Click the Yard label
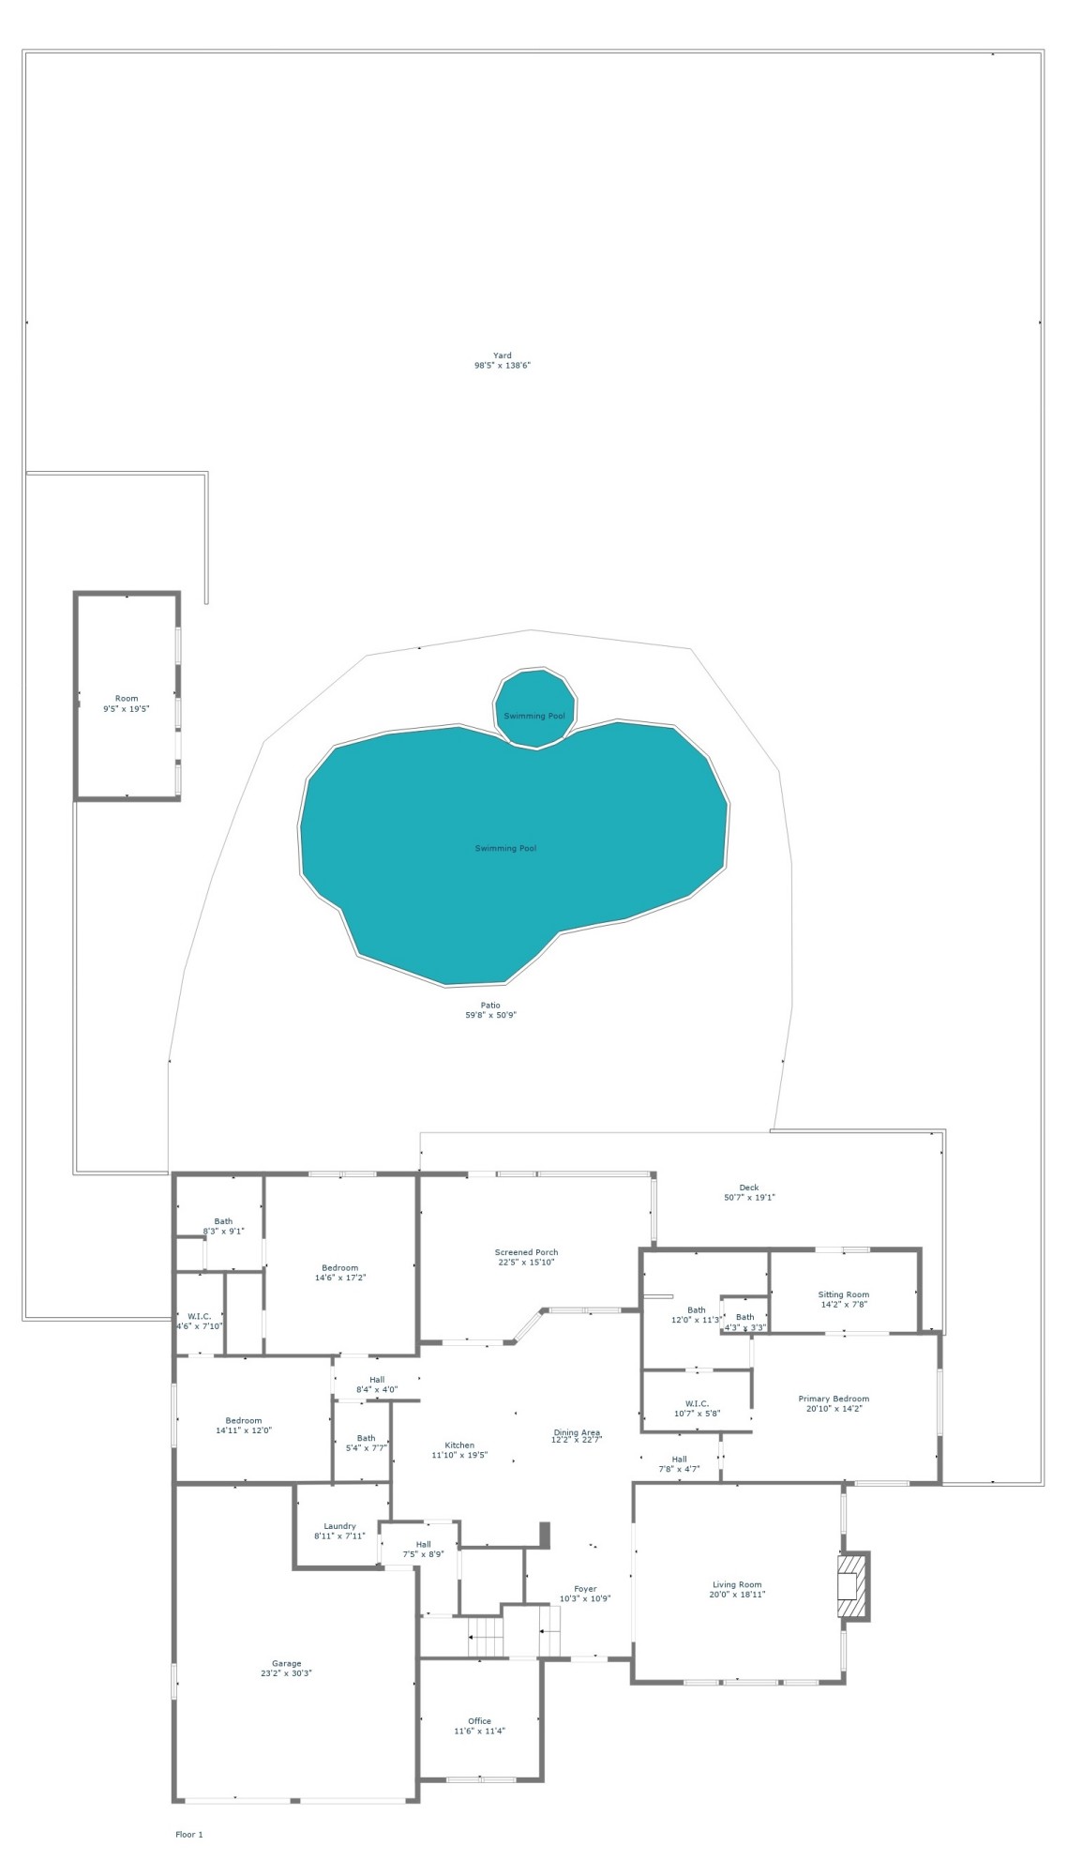(502, 356)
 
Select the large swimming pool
(506, 849)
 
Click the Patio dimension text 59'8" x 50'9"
(491, 1015)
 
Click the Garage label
(287, 1663)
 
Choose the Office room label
(479, 1720)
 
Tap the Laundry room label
(339, 1526)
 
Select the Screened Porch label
(526, 1252)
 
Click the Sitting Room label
(843, 1294)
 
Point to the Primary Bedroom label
(834, 1399)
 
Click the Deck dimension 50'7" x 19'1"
(749, 1197)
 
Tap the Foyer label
(585, 1589)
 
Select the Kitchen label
(459, 1445)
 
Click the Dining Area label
(577, 1432)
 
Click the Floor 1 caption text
(188, 1834)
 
